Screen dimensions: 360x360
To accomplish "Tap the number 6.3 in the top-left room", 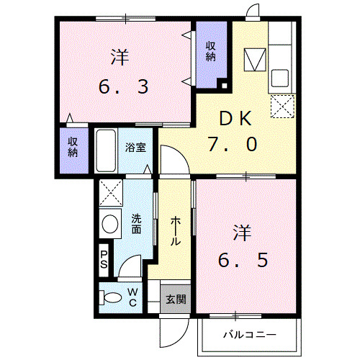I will pyautogui.click(x=123, y=87).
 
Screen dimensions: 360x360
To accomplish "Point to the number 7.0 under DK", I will pyautogui.click(x=232, y=144).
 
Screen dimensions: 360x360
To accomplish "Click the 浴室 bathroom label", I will pyautogui.click(x=135, y=148).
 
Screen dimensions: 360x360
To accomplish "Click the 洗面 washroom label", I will pyautogui.click(x=135, y=225).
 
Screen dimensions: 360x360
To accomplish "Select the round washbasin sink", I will pyautogui.click(x=110, y=225).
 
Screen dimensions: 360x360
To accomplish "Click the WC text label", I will pyautogui.click(x=133, y=297).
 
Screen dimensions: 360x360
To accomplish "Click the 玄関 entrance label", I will pyautogui.click(x=175, y=298).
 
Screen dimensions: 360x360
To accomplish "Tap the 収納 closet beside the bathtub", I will pyautogui.click(x=73, y=147).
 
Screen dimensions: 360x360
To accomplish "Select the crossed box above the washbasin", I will pyautogui.click(x=110, y=193).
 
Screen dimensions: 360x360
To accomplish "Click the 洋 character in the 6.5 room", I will pyautogui.click(x=241, y=233).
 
